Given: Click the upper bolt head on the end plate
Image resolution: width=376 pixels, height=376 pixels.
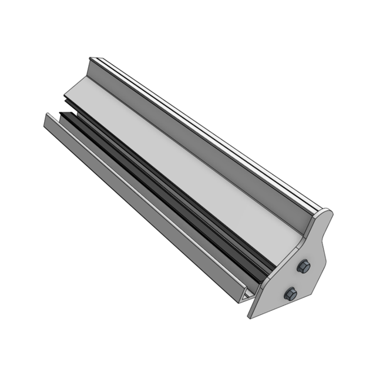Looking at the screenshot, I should pyautogui.click(x=304, y=267).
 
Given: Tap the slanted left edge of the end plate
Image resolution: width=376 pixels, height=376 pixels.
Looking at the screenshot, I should pyautogui.click(x=276, y=276).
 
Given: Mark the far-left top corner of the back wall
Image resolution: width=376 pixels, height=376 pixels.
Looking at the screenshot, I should pyautogui.click(x=90, y=58).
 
